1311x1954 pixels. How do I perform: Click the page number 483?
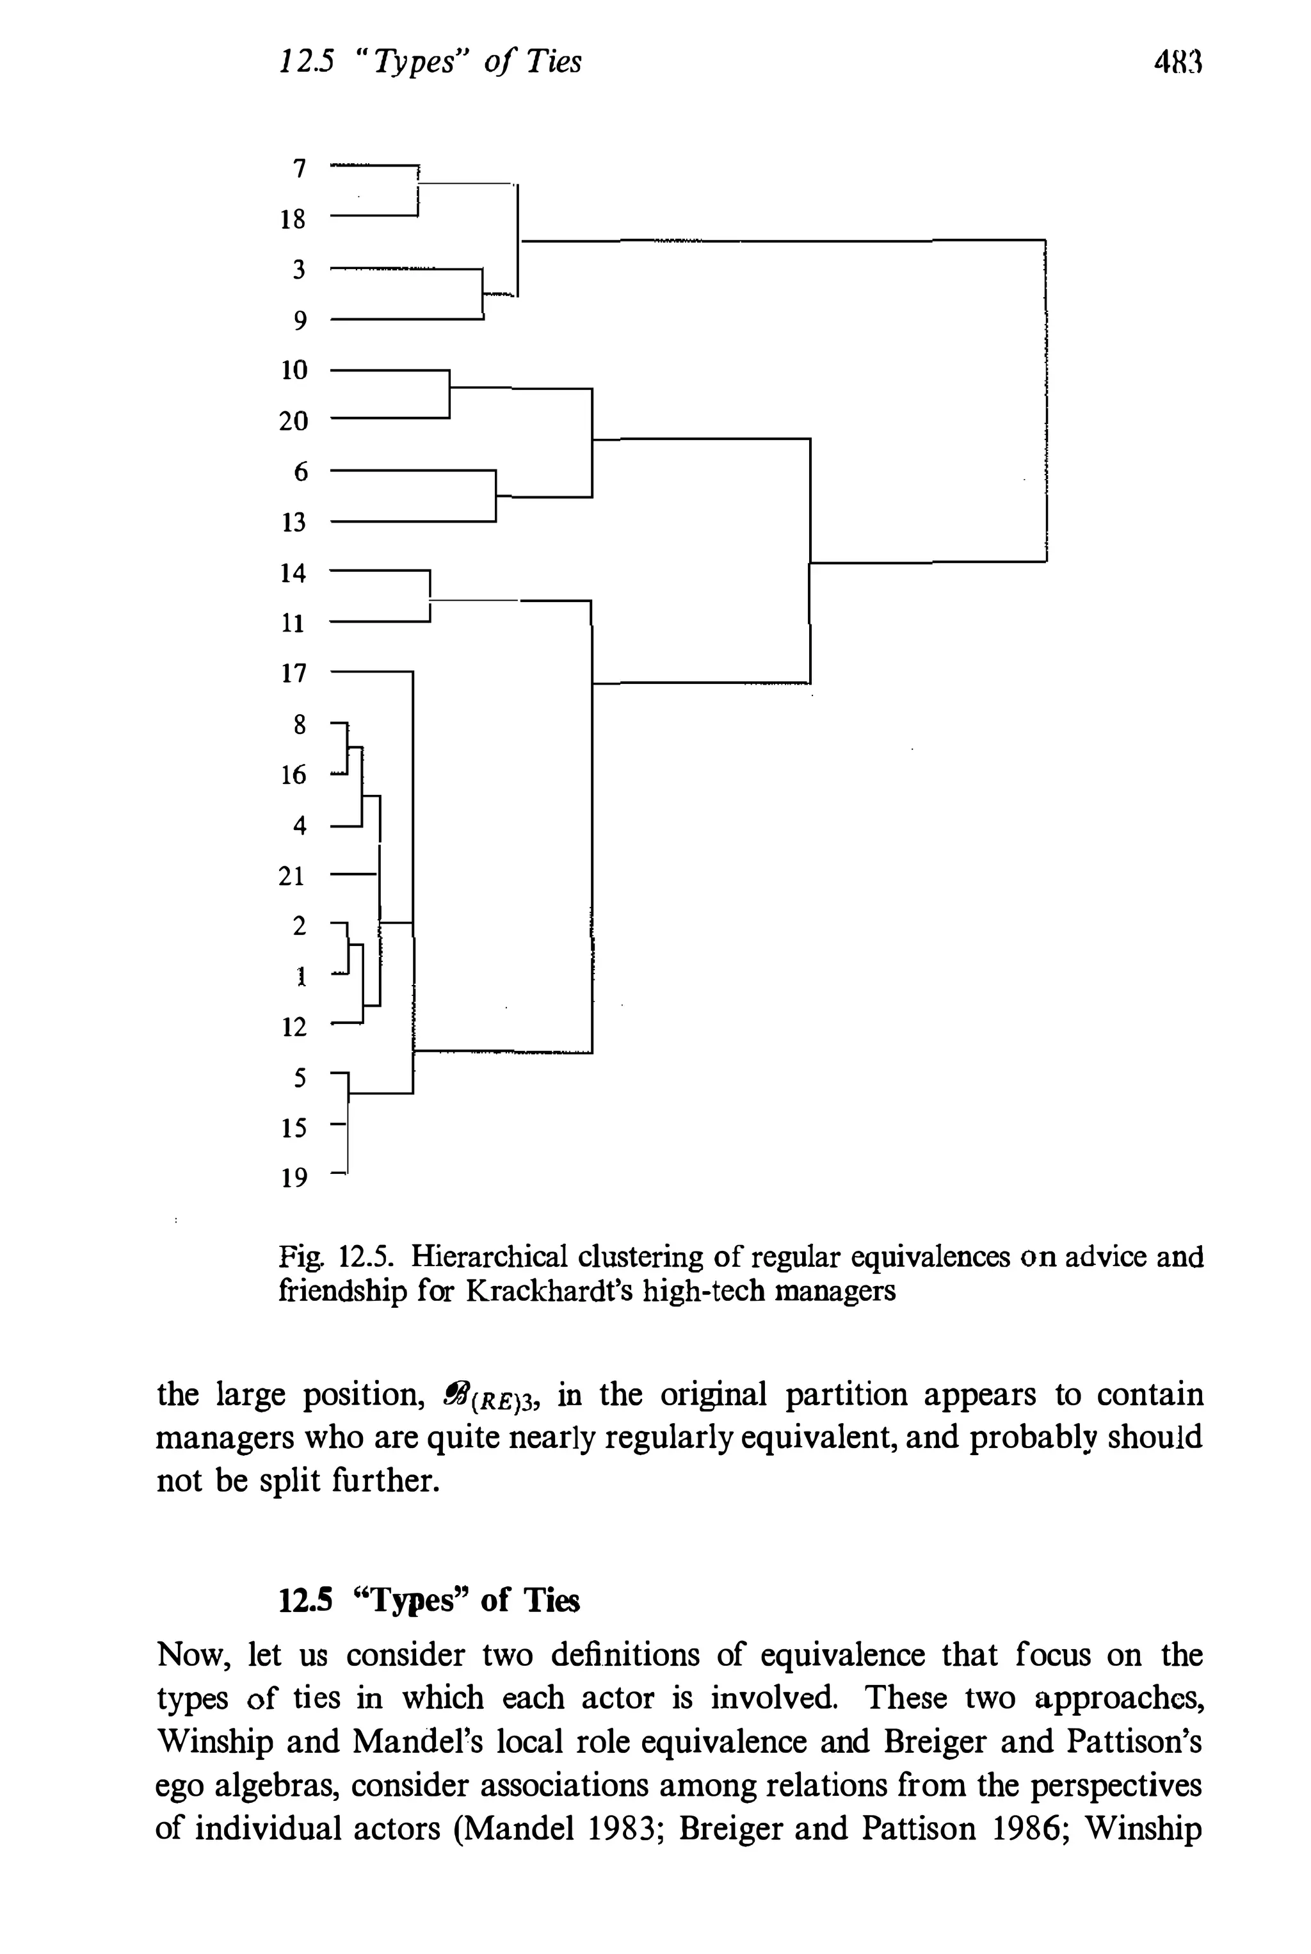coord(1177,62)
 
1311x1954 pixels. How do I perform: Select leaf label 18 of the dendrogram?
coord(293,219)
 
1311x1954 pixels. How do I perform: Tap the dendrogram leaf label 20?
coord(293,421)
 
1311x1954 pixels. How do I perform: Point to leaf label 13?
coord(293,523)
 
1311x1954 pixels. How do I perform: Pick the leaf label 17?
coord(293,673)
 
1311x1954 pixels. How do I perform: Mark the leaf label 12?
coord(293,1027)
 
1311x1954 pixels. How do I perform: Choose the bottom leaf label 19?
coord(293,1178)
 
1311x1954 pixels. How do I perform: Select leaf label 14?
coord(293,573)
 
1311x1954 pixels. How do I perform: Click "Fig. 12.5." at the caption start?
coord(335,1257)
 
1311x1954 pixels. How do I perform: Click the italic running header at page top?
coord(430,61)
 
